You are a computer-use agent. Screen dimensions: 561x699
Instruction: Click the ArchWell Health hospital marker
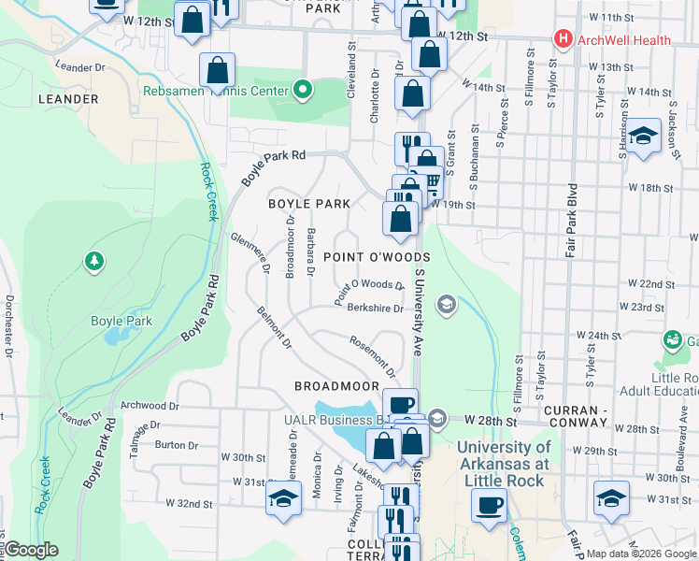[x=562, y=39]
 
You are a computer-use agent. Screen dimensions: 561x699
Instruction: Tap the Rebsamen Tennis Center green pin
[x=302, y=91]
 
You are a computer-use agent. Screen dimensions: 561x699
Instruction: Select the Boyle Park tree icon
[x=94, y=261]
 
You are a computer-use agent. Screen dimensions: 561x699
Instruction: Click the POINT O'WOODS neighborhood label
[x=377, y=257]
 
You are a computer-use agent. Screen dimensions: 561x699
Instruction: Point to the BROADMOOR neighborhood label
[x=336, y=386]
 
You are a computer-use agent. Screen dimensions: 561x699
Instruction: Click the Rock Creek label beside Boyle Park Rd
[x=207, y=193]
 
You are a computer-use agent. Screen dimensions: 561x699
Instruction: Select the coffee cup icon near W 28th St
[x=400, y=404]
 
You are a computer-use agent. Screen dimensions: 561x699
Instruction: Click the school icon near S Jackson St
[x=642, y=136]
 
